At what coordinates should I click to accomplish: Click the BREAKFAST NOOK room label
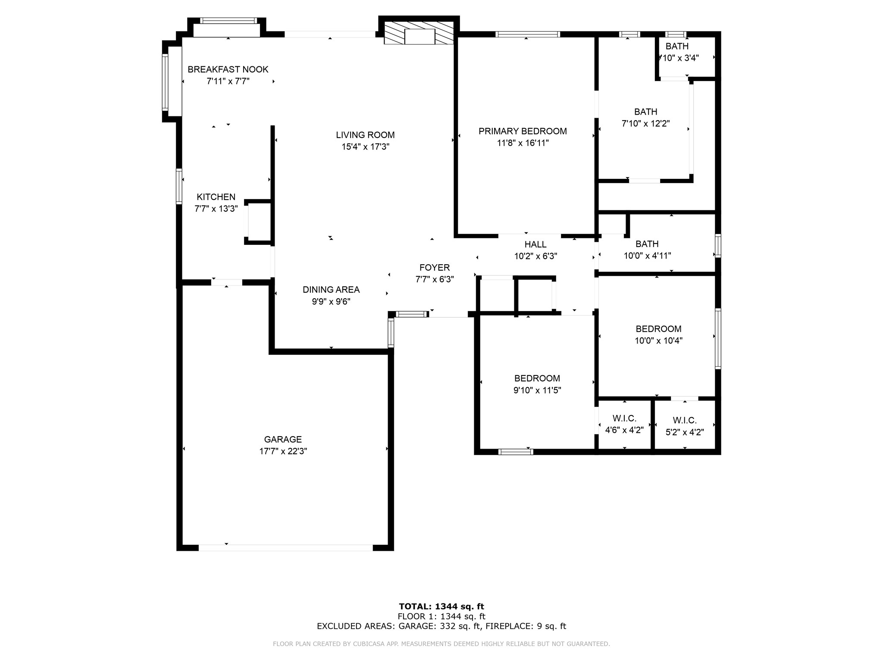tap(228, 69)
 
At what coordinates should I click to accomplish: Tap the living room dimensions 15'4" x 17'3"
tap(365, 147)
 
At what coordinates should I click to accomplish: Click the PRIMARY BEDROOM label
tap(523, 131)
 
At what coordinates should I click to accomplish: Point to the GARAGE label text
tap(283, 439)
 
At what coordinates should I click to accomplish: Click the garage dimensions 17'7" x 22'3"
tap(283, 451)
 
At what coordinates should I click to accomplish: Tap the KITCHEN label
tap(216, 197)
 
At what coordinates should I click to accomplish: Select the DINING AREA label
tap(331, 290)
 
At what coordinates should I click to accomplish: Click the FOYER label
tap(434, 268)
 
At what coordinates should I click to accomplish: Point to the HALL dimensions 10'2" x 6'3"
tap(535, 256)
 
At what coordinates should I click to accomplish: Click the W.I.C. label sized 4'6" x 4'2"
tap(624, 418)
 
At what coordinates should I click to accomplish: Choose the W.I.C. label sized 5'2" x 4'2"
tap(684, 421)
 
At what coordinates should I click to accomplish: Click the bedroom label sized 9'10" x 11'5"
tap(537, 378)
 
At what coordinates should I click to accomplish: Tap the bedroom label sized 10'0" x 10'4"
tap(658, 329)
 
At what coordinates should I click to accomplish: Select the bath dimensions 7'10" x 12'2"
tap(645, 124)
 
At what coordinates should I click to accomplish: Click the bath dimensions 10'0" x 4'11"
tap(647, 256)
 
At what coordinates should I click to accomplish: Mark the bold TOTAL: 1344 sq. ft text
tap(441, 607)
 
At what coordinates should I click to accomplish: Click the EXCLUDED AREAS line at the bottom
tap(441, 626)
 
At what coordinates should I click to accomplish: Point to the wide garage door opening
tap(285, 548)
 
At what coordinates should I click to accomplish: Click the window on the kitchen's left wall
tap(179, 186)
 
